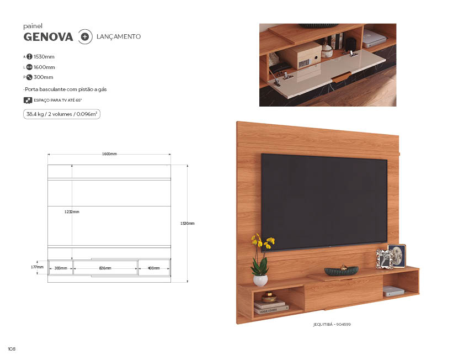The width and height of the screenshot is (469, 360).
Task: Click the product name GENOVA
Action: click(48, 37)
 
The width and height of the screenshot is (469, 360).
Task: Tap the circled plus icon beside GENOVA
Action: click(85, 37)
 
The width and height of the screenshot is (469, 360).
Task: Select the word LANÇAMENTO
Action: click(119, 36)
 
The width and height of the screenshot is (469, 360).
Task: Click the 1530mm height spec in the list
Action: click(44, 56)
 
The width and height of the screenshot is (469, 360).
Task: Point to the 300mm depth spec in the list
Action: click(43, 77)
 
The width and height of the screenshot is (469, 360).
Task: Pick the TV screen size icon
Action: click(28, 100)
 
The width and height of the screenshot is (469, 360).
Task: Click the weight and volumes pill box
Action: click(62, 114)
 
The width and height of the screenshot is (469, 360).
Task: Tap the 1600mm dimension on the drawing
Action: click(109, 154)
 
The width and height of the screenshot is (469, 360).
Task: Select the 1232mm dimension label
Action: click(72, 211)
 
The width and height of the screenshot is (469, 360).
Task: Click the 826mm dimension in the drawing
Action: click(105, 268)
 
